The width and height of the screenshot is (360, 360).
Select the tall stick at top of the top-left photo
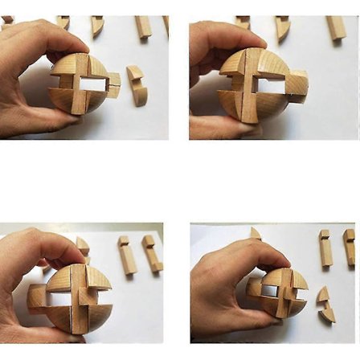(143, 27)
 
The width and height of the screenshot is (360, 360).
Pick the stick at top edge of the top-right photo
(335, 28)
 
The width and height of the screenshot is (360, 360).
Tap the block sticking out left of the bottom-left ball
(36, 297)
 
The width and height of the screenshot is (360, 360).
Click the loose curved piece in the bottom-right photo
(325, 305)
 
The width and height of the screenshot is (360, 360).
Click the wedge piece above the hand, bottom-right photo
(255, 234)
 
